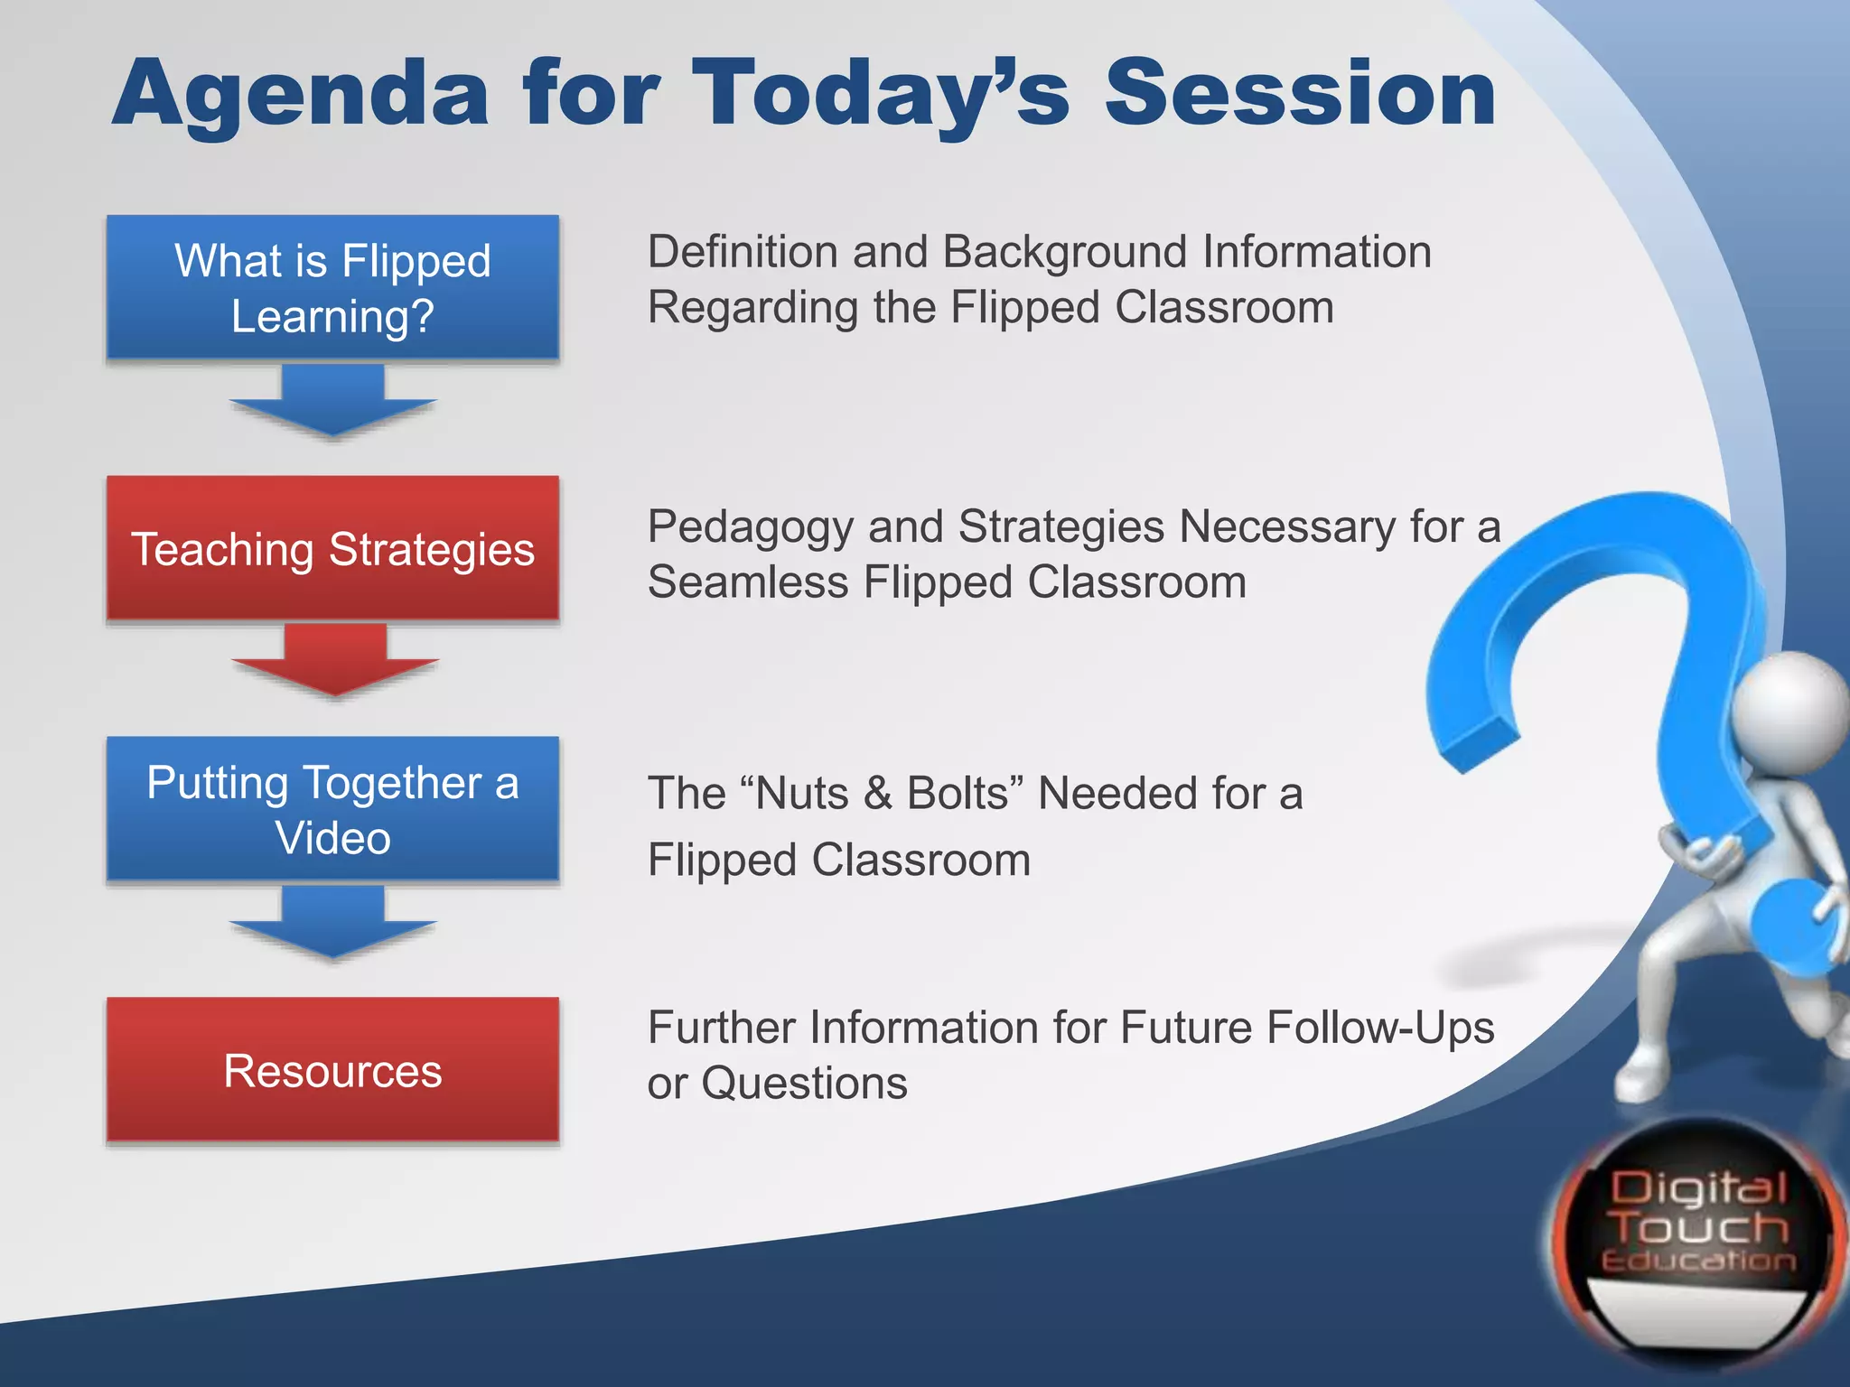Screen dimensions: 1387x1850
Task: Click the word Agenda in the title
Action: [x=300, y=95]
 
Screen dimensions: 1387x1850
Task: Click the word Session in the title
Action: [x=1301, y=93]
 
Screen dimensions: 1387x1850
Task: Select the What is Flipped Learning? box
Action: [x=332, y=288]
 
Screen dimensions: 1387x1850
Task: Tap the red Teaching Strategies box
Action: [x=332, y=548]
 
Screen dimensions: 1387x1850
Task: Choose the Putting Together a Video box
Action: [x=332, y=809]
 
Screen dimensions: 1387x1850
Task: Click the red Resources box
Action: [x=332, y=1070]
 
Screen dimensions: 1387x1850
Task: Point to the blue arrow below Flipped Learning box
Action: [x=332, y=403]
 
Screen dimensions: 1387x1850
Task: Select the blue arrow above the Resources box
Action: [x=332, y=924]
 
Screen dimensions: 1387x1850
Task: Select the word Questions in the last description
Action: [x=804, y=1083]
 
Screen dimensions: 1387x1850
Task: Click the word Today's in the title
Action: [x=881, y=95]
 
